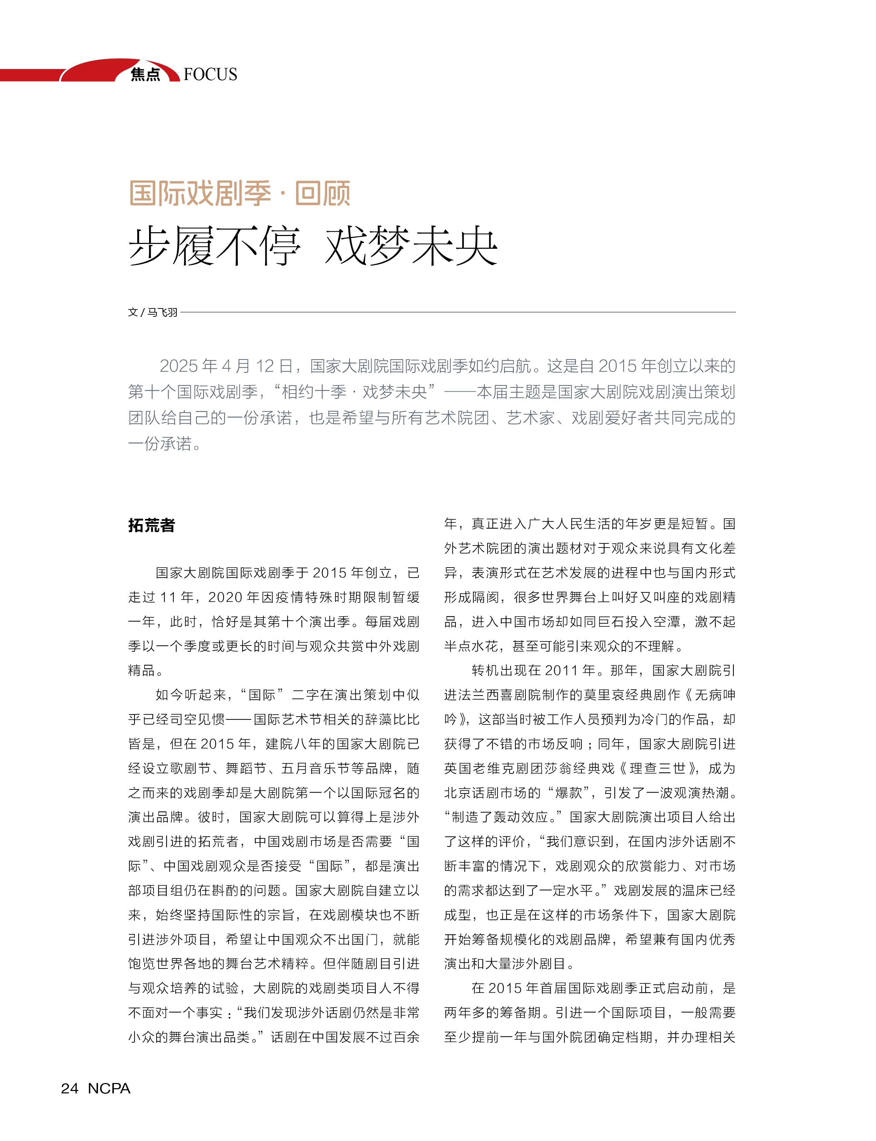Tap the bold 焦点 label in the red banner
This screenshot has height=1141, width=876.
point(146,74)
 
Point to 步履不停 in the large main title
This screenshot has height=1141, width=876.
point(214,246)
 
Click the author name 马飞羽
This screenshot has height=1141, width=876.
point(162,312)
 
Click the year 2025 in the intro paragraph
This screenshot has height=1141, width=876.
point(178,366)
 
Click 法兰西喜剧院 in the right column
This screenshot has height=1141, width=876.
point(492,695)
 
